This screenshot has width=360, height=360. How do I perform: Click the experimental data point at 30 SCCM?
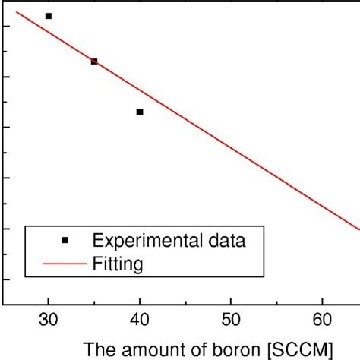point(49,16)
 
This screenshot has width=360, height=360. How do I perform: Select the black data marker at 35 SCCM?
point(94,62)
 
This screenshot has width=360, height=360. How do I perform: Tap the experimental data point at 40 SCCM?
point(140,112)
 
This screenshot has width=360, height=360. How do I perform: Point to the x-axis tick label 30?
point(49,321)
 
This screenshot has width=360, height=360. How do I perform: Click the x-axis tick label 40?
point(140,321)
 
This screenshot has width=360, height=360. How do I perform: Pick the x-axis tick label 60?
point(323,321)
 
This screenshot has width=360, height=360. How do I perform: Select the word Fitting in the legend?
point(118,264)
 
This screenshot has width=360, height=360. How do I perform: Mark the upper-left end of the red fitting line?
point(17,11)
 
